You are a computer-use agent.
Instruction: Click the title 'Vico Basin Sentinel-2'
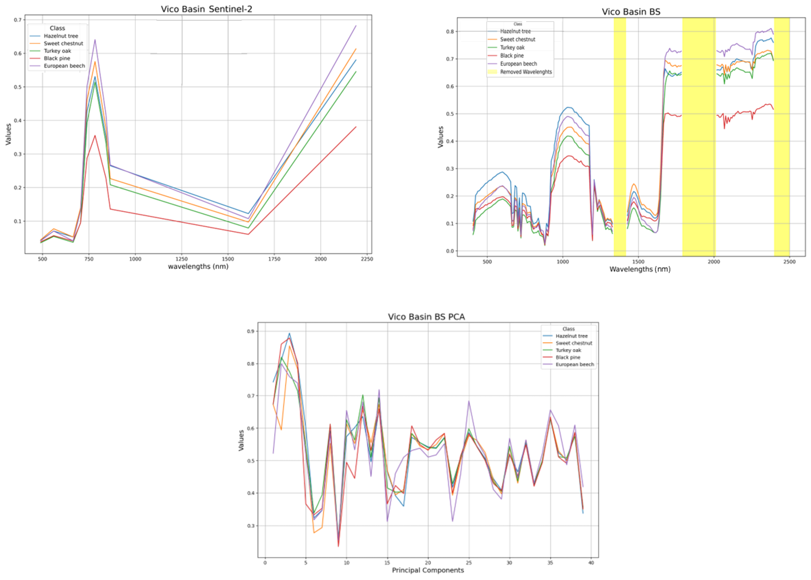coord(206,9)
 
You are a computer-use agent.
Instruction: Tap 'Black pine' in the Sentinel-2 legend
coord(57,58)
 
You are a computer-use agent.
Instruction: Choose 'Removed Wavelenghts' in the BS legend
coord(526,72)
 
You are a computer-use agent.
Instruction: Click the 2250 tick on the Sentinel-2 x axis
coord(367,259)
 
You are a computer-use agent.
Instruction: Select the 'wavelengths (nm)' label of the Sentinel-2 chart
coord(198,266)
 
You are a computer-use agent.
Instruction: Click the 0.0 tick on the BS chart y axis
coord(450,251)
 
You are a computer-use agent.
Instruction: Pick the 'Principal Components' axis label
coord(428,570)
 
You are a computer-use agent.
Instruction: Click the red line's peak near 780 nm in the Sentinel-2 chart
coord(95,136)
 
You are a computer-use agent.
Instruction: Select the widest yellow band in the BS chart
coord(699,136)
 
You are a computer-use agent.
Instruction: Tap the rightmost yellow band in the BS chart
coord(781,136)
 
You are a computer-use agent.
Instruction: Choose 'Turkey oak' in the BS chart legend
coord(512,48)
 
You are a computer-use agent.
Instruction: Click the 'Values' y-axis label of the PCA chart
coord(241,440)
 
